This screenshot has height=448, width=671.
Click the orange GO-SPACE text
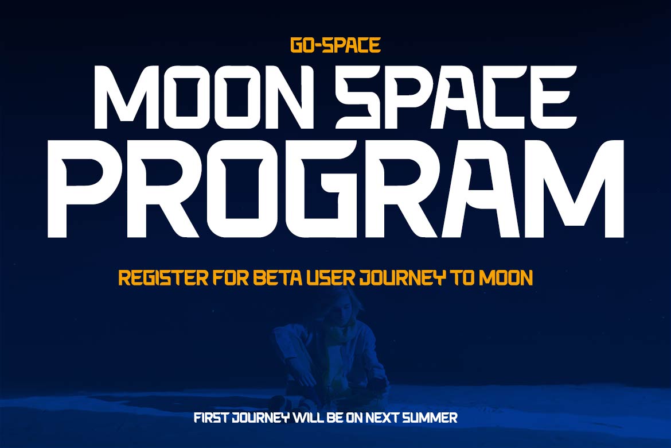pyautogui.click(x=335, y=45)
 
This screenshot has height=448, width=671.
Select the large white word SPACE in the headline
pyautogui.click(x=456, y=97)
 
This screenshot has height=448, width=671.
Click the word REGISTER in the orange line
pyautogui.click(x=163, y=278)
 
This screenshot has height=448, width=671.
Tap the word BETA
pyautogui.click(x=278, y=278)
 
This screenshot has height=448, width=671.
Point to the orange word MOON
pyautogui.click(x=506, y=278)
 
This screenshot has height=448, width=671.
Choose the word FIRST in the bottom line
pyautogui.click(x=212, y=418)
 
